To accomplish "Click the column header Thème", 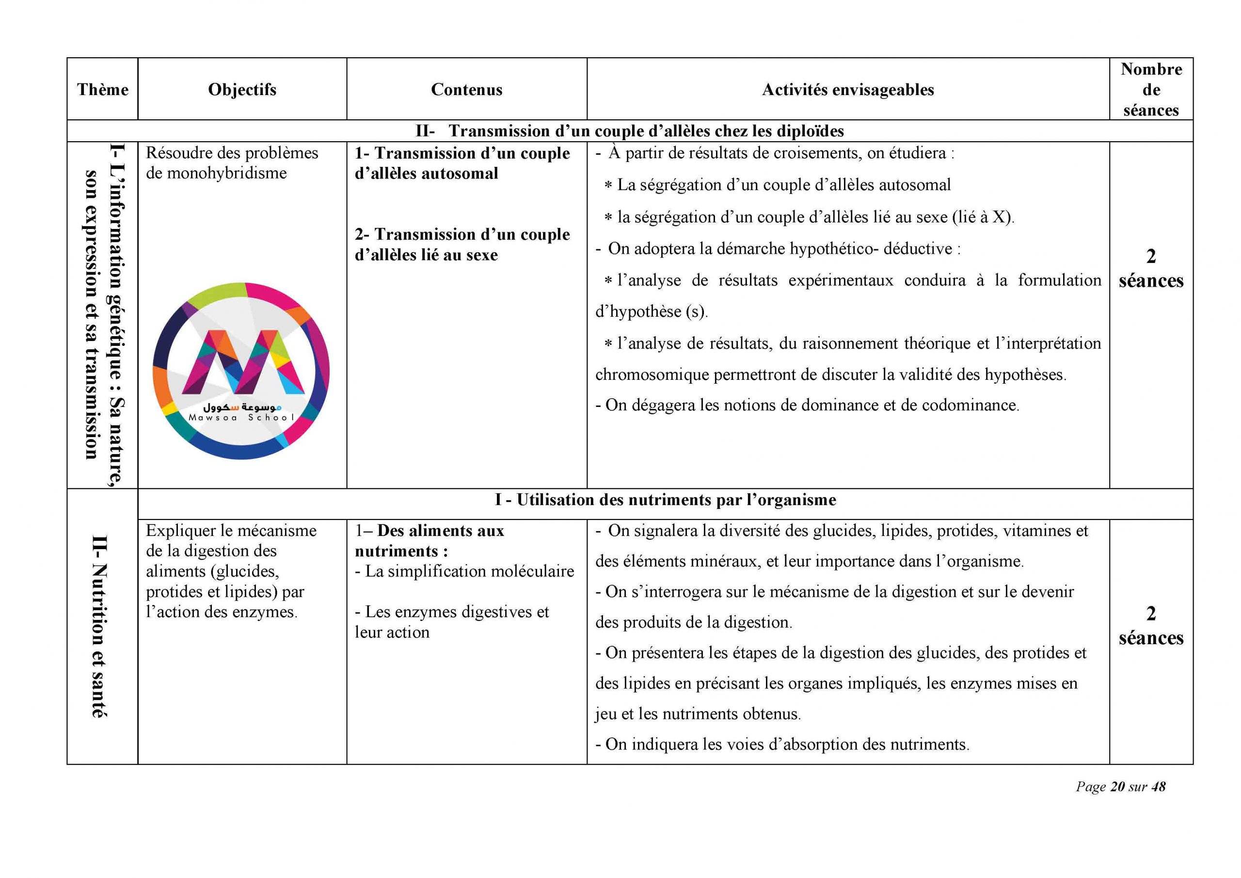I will tap(103, 89).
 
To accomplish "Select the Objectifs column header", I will tap(242, 89).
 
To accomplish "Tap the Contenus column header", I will tap(466, 89).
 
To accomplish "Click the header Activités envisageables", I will tap(847, 89).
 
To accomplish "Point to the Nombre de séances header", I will tap(1151, 89).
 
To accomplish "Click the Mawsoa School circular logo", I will tap(241, 371).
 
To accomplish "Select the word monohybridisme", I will tap(226, 173).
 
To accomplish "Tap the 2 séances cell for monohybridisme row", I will tap(1151, 269).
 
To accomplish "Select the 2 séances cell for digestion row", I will tap(1151, 626).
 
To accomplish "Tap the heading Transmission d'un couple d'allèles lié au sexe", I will tap(462, 244).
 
